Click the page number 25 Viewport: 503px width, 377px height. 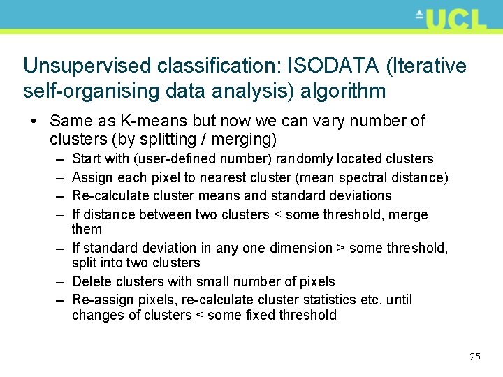(475, 357)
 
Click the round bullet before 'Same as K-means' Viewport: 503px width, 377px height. (33, 121)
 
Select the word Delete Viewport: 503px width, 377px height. (91, 281)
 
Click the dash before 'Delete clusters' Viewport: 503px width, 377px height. (59, 281)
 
